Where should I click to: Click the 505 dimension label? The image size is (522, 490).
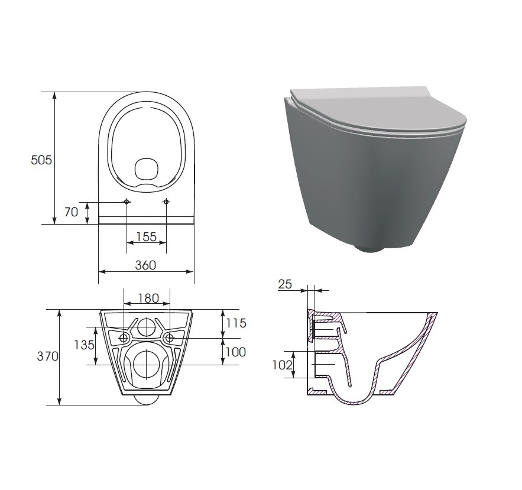point(42,160)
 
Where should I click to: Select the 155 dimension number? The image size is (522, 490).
point(146,236)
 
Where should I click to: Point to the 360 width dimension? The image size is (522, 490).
point(145,265)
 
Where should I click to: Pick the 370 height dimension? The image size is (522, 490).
point(47,356)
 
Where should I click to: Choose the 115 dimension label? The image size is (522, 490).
point(235,323)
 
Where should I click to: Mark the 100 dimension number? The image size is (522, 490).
point(235,352)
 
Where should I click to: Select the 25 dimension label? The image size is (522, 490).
point(285,284)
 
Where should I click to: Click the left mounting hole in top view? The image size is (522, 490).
point(127,202)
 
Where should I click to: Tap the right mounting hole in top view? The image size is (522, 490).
point(166,202)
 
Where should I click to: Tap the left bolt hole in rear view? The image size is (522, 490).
point(124,338)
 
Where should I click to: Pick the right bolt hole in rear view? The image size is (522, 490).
point(170,338)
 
